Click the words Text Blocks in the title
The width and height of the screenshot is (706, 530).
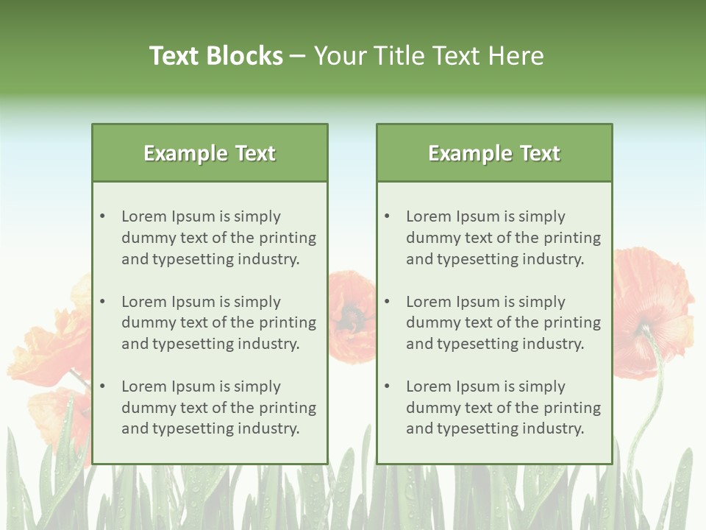(x=216, y=56)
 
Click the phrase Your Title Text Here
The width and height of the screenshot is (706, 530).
(x=429, y=56)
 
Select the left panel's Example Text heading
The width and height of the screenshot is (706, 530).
(x=210, y=153)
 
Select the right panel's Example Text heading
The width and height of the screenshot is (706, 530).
(x=494, y=153)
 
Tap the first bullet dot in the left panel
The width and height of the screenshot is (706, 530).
(x=102, y=216)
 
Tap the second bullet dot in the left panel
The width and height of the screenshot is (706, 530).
(x=102, y=302)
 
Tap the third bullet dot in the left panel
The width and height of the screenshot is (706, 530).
(x=102, y=386)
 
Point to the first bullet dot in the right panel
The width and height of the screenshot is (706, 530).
(x=387, y=216)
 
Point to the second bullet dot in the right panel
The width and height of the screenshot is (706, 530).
(x=387, y=302)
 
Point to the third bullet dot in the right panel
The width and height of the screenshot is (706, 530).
(x=387, y=386)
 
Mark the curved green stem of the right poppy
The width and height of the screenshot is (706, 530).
(x=647, y=412)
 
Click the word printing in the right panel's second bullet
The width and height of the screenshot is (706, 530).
(x=573, y=322)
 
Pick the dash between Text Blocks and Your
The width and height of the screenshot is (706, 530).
(x=298, y=56)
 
